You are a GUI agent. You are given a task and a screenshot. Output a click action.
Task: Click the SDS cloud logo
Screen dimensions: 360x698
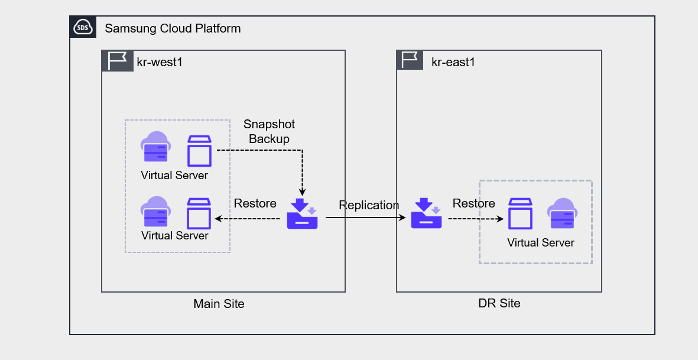[83, 28]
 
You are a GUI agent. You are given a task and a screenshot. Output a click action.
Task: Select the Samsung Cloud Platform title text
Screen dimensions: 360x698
[173, 28]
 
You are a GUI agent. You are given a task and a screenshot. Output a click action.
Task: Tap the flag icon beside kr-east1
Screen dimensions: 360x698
[410, 60]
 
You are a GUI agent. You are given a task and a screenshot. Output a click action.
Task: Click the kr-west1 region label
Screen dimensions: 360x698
[159, 62]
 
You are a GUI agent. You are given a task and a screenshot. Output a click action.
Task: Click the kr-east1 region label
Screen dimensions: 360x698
[453, 61]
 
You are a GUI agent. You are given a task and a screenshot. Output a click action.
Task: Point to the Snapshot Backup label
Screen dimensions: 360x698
[269, 132]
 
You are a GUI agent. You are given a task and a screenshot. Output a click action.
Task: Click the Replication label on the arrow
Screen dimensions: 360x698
[369, 205]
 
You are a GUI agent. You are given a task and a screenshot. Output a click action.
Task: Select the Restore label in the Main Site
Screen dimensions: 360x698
[255, 203]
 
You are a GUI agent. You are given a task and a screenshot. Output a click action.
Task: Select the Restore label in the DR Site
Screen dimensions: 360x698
[473, 203]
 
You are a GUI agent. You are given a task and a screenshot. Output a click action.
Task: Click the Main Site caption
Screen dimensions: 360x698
[219, 304]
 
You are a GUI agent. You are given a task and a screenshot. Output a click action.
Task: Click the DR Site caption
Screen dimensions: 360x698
[499, 303]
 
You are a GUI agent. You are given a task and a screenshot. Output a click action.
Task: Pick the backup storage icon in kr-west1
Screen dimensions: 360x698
[302, 214]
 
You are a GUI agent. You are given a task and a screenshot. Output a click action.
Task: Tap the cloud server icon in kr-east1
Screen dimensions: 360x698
[562, 213]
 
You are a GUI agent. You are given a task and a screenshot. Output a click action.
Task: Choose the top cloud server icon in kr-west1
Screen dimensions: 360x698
[155, 147]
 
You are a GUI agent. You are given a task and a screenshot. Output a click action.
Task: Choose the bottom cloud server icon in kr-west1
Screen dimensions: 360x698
[155, 212]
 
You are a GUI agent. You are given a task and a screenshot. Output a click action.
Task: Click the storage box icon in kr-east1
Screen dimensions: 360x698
[521, 214]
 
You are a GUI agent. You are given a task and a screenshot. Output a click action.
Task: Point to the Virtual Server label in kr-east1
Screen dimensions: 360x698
[541, 242]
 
